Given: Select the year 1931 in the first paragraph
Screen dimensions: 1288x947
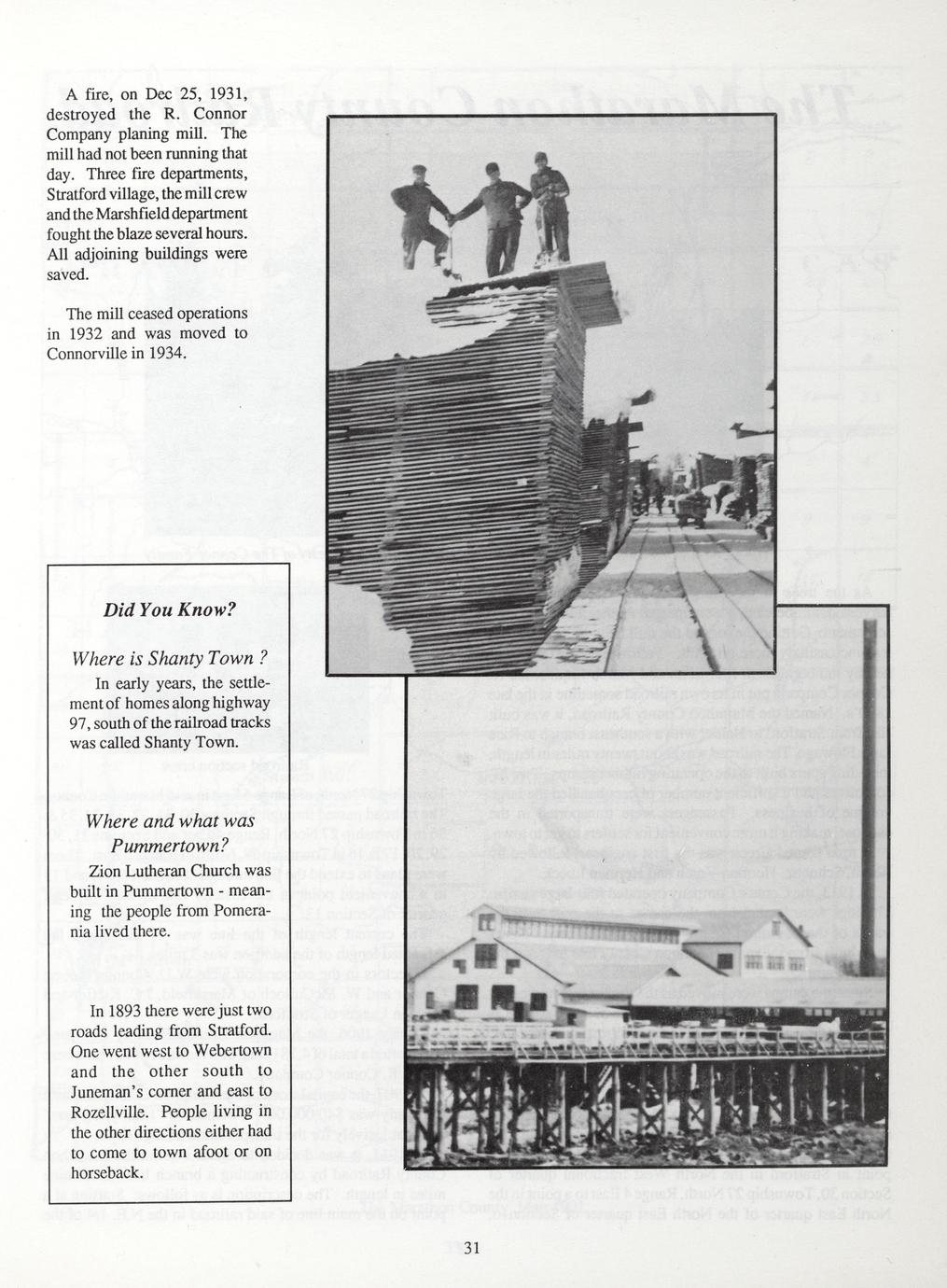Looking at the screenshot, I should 225,94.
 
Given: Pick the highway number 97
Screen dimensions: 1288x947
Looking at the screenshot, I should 81,723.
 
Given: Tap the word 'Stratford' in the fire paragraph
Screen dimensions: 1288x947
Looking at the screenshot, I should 81,194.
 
